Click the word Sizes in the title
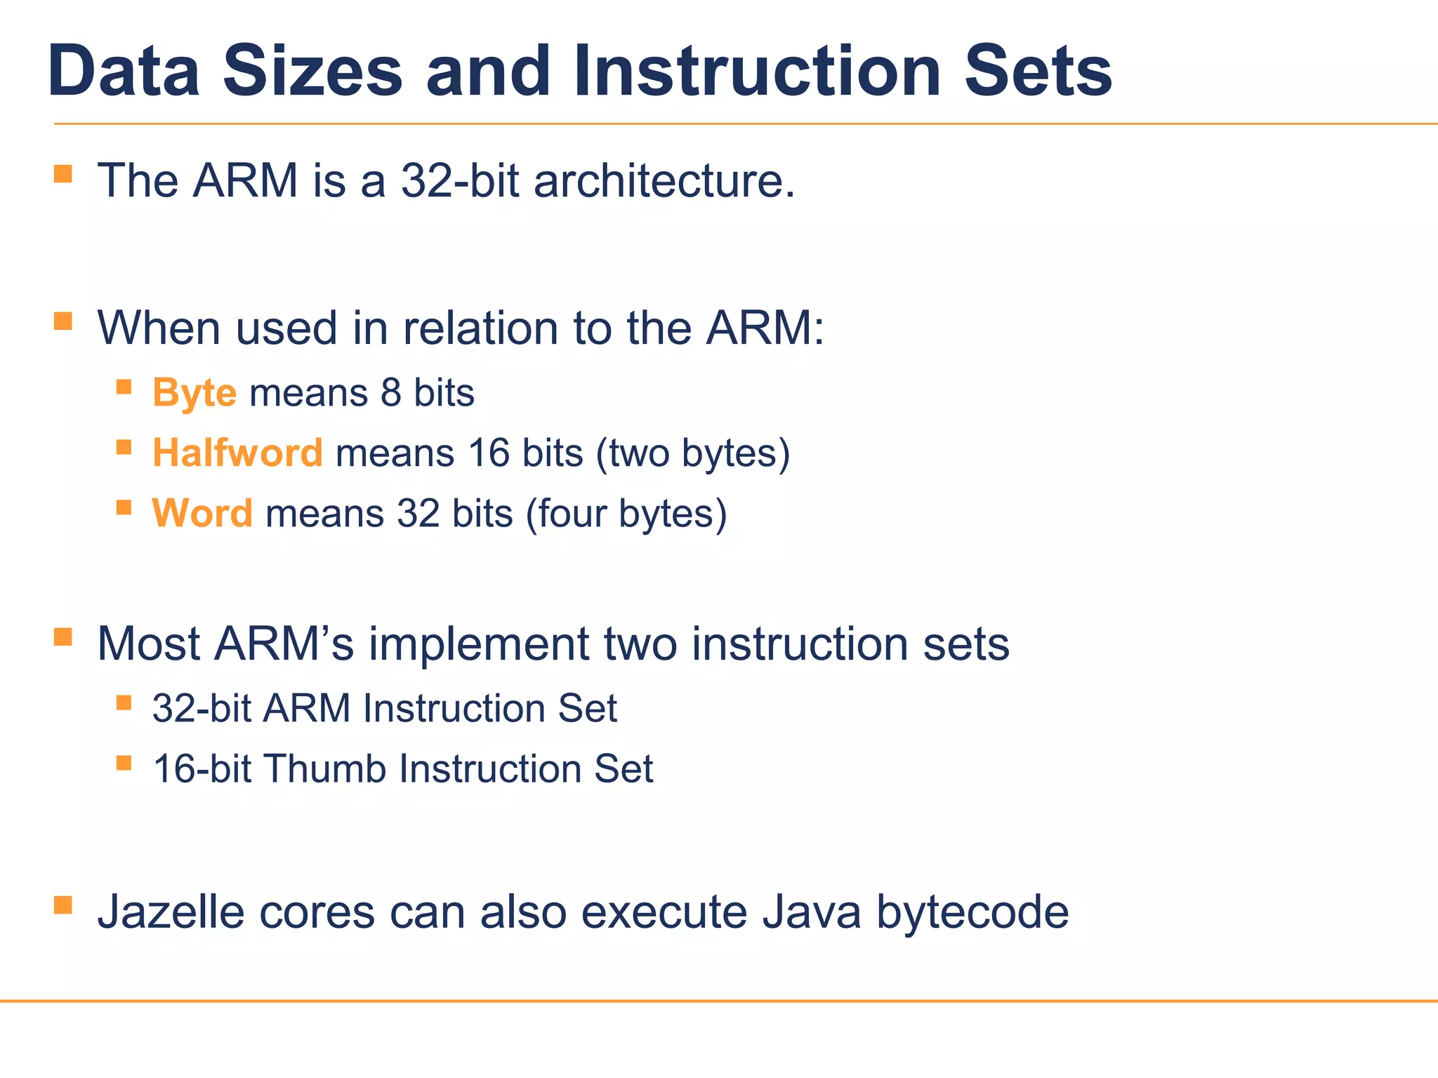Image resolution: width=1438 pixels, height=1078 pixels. coord(312,72)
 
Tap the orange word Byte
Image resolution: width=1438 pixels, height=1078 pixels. coord(194,393)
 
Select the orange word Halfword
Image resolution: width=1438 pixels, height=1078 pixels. coord(237,453)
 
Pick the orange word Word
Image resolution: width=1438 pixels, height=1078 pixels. coord(202,514)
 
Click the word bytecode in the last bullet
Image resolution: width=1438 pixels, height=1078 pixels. coord(972,912)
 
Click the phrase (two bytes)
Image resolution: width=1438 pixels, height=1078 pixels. coord(693,453)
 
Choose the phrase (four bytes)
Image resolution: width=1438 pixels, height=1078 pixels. coord(626,514)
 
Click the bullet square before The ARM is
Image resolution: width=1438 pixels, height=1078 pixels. coord(63,173)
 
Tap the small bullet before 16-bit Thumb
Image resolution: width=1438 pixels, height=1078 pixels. coord(124,763)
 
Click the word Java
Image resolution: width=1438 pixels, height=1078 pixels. coord(812,912)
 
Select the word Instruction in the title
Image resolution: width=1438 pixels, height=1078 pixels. coord(756,72)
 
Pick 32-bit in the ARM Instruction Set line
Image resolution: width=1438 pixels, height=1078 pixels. coord(202,709)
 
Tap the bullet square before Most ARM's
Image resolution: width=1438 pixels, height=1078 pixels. coord(63,637)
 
